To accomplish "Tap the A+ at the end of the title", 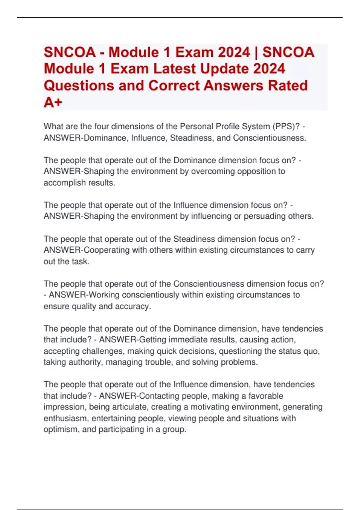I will [53, 102].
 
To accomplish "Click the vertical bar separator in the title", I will [256, 52].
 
